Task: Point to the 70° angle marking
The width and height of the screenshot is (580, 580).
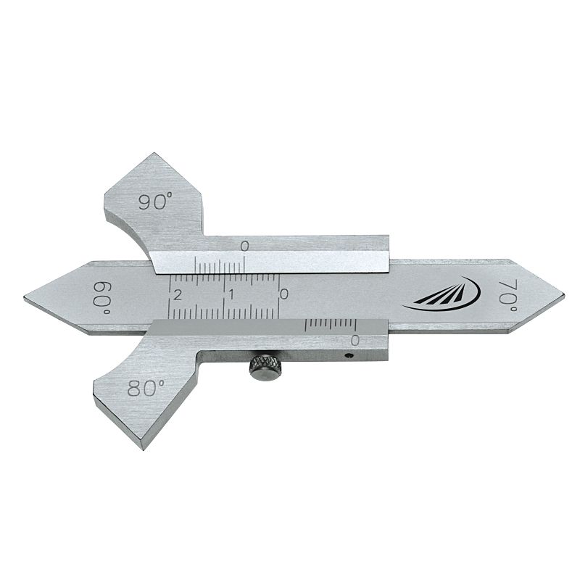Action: click(x=510, y=296)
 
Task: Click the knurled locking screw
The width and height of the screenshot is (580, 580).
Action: click(x=264, y=368)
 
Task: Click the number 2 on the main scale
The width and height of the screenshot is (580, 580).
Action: click(x=178, y=295)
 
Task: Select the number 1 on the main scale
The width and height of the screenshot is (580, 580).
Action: click(x=231, y=295)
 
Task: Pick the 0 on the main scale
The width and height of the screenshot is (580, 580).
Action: click(x=283, y=294)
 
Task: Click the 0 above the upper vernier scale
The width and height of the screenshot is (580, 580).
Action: click(x=244, y=246)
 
